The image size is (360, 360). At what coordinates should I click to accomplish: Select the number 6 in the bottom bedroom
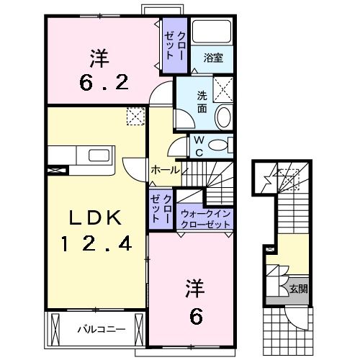(196, 315)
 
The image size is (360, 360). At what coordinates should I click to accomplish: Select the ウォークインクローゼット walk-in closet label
(205, 218)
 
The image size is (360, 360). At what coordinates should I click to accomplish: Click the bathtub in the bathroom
(213, 32)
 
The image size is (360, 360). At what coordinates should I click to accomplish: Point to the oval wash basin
(223, 117)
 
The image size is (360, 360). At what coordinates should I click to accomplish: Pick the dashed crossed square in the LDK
(134, 117)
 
